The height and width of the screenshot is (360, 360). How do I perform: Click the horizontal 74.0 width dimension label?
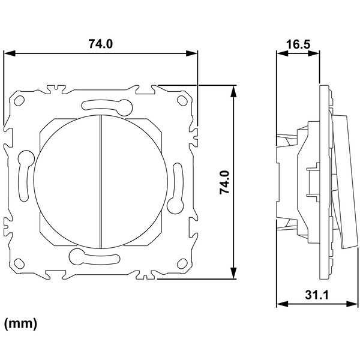click(x=101, y=44)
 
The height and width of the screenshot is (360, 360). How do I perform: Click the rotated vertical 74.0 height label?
click(x=224, y=182)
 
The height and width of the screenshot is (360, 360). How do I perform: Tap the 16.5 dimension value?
click(x=298, y=44)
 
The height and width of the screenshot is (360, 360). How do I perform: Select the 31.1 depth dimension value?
click(x=317, y=295)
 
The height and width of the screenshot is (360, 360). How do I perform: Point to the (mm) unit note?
click(x=20, y=324)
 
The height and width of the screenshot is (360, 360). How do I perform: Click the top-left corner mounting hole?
click(x=19, y=101)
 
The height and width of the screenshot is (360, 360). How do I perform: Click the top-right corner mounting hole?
click(x=182, y=101)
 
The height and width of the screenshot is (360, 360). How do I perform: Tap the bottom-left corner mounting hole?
click(x=19, y=263)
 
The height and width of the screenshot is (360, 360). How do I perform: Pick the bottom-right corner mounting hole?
click(x=182, y=263)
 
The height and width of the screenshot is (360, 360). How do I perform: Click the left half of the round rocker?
click(x=67, y=181)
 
